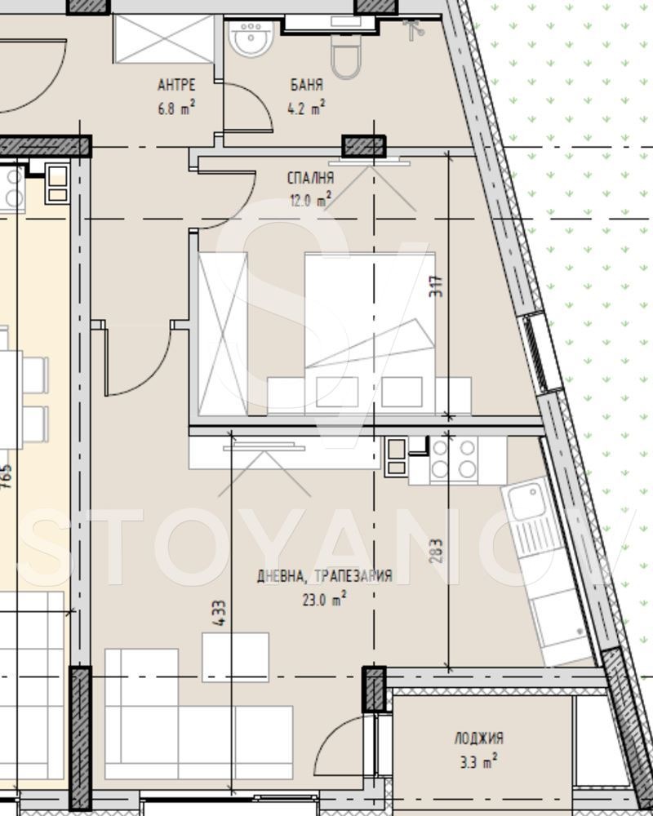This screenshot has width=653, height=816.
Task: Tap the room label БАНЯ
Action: [307, 85]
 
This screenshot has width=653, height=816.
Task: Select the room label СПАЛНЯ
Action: [310, 178]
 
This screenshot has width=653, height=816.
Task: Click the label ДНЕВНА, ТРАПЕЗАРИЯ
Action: [325, 576]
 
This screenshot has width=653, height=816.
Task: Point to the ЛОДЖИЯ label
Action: [479, 738]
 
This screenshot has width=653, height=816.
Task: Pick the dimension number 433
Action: [220, 614]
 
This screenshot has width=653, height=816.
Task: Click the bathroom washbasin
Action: [251, 38]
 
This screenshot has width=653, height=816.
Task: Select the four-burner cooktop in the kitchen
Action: [454, 458]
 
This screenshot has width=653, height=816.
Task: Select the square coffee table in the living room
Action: [236, 656]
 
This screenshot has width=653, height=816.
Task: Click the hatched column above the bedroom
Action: [363, 147]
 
